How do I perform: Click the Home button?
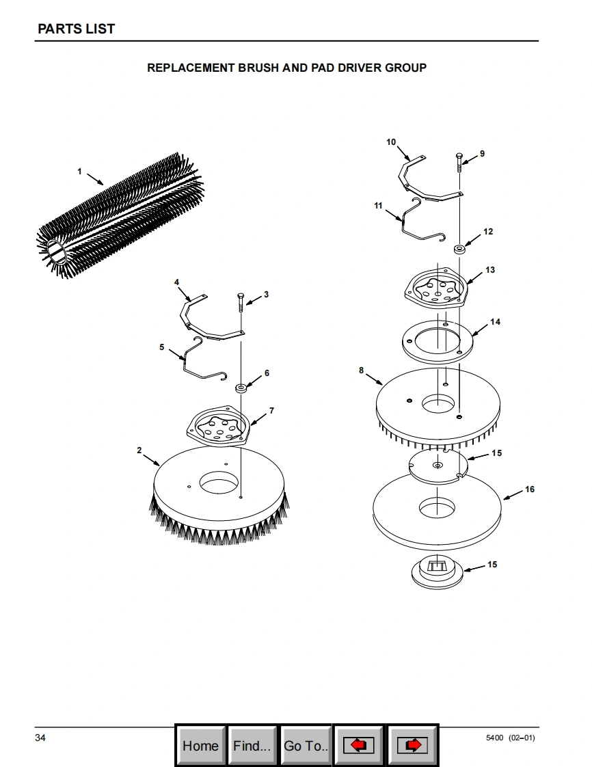pos(200,746)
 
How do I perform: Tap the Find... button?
pos(252,746)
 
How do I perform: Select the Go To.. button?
pos(306,746)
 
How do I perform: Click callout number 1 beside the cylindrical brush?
pos(79,171)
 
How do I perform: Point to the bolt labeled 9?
pos(459,163)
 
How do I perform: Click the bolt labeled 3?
pos(241,304)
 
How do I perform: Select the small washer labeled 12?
pos(459,249)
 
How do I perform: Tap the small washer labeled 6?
pos(241,388)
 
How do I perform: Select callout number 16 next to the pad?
pos(529,489)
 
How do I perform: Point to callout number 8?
pos(361,371)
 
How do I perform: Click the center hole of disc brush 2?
pos(219,483)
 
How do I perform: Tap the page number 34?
pos(40,738)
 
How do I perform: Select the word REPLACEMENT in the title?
pos(191,68)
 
